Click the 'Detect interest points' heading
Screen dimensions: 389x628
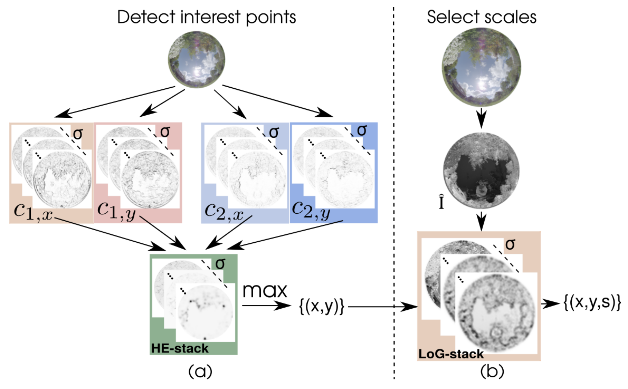coord(206,17)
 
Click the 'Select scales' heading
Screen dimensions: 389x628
coord(482,17)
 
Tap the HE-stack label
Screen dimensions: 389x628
coord(180,348)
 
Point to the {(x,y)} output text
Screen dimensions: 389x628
coord(322,306)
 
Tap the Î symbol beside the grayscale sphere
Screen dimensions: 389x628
coord(441,203)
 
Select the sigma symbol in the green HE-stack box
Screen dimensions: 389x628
coord(220,264)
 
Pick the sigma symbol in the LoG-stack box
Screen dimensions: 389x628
coord(510,244)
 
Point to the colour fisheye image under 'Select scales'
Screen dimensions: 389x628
coord(481,67)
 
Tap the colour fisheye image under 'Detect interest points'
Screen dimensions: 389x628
coord(196,60)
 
